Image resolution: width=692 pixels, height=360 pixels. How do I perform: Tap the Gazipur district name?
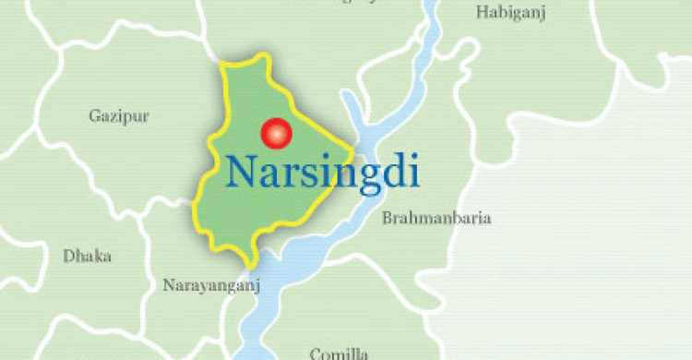coord(119,116)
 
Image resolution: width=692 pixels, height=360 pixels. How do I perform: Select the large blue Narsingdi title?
coord(322,173)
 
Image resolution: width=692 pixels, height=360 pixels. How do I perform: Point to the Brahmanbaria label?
coord(436,219)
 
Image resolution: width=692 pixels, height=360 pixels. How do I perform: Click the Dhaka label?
coord(87,256)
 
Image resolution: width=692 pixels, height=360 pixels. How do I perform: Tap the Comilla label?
coord(340,353)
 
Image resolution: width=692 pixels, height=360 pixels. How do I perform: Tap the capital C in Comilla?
coord(316,353)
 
